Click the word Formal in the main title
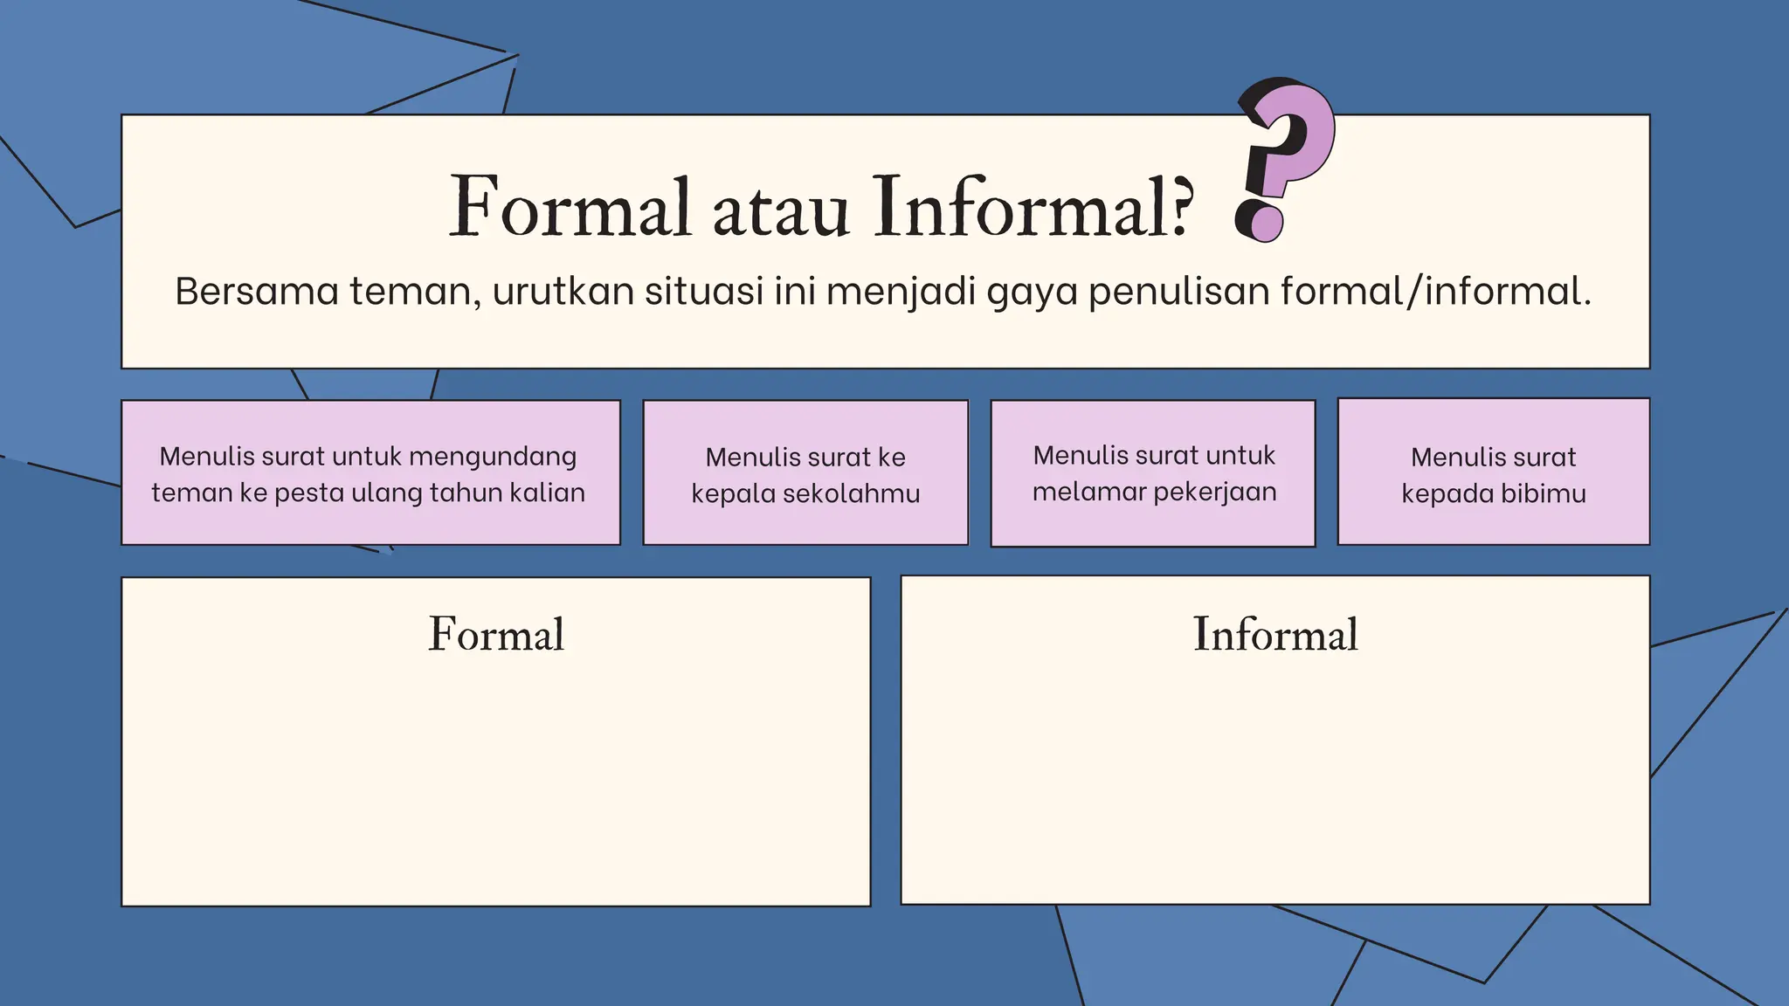(570, 208)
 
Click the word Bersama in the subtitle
(256, 291)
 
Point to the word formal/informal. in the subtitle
(1436, 291)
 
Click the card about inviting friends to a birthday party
(370, 472)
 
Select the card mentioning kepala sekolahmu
(805, 472)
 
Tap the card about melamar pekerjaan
(1153, 472)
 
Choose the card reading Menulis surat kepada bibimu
(1494, 472)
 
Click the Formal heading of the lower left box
(496, 634)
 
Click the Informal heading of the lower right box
(1275, 634)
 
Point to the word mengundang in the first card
(493, 457)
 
